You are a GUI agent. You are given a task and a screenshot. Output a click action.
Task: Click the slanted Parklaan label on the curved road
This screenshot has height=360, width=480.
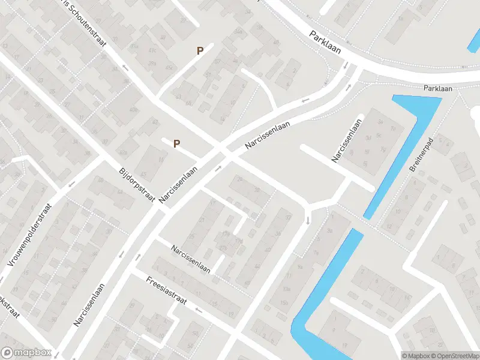pos(326,43)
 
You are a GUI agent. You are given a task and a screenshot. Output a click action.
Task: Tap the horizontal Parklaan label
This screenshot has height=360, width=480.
pos(437,88)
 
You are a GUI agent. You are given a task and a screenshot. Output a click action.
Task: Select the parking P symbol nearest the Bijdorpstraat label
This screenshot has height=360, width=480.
pos(176,143)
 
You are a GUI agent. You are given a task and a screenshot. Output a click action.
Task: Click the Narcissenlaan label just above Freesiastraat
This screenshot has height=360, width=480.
pos(190,259)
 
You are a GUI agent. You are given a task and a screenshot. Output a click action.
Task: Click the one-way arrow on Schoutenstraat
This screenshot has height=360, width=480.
pos(125,67)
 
